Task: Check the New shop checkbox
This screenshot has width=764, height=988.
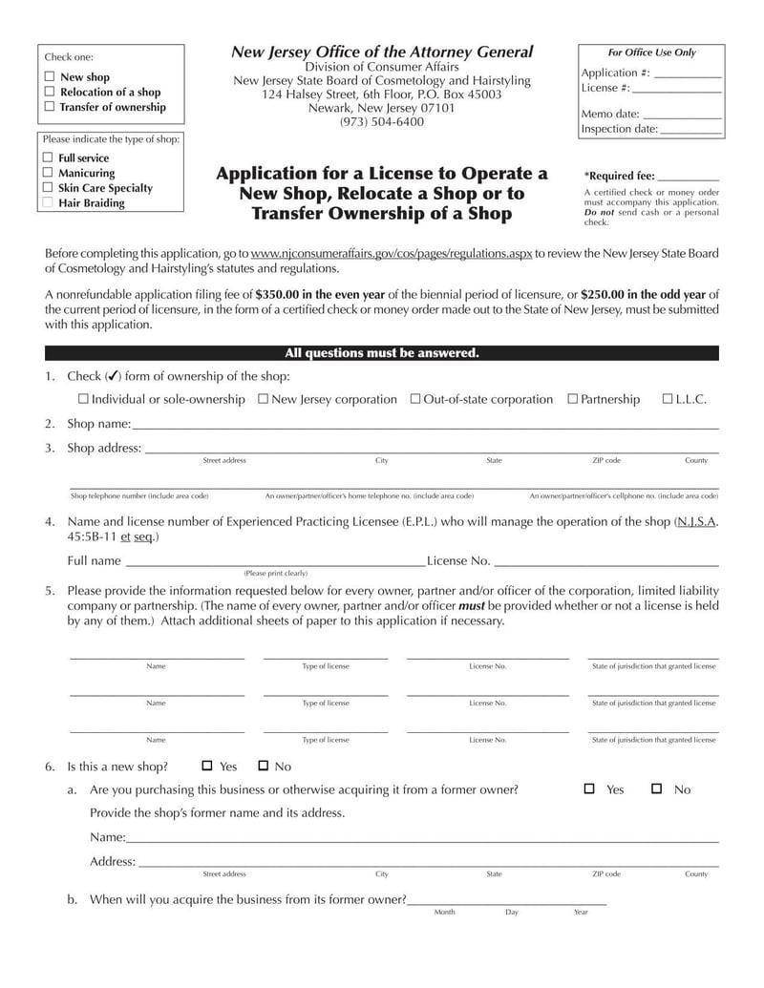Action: tap(50, 77)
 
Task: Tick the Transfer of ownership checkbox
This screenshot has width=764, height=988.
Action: tap(50, 107)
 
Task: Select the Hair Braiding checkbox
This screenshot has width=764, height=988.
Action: tap(48, 203)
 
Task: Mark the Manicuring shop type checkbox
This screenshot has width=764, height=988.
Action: tap(48, 173)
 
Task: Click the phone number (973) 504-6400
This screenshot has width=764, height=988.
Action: tap(382, 122)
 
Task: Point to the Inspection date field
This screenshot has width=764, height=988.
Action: tap(690, 130)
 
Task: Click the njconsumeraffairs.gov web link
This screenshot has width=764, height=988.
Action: tap(392, 254)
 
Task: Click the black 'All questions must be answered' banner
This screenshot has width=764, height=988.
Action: tap(382, 353)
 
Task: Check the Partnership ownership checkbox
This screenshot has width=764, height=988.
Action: tap(573, 399)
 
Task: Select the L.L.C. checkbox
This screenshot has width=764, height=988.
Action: tap(668, 399)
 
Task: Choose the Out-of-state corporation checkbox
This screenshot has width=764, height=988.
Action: tap(415, 399)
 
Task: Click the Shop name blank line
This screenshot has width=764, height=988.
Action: tap(425, 425)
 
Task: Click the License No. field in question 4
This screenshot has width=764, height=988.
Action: tap(606, 562)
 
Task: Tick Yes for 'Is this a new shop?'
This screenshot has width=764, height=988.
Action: tap(207, 766)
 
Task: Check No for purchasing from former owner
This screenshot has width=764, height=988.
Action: tap(657, 788)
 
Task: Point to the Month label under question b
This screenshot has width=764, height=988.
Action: tap(444, 913)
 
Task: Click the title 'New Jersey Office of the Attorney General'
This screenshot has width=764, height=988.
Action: tap(382, 53)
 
